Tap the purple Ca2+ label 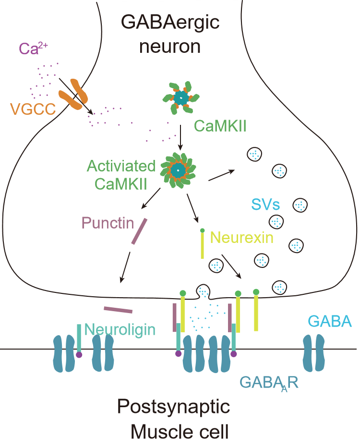[32, 48]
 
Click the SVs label [265, 205]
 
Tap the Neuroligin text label [120, 329]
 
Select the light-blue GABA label [329, 321]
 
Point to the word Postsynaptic [174, 407]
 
